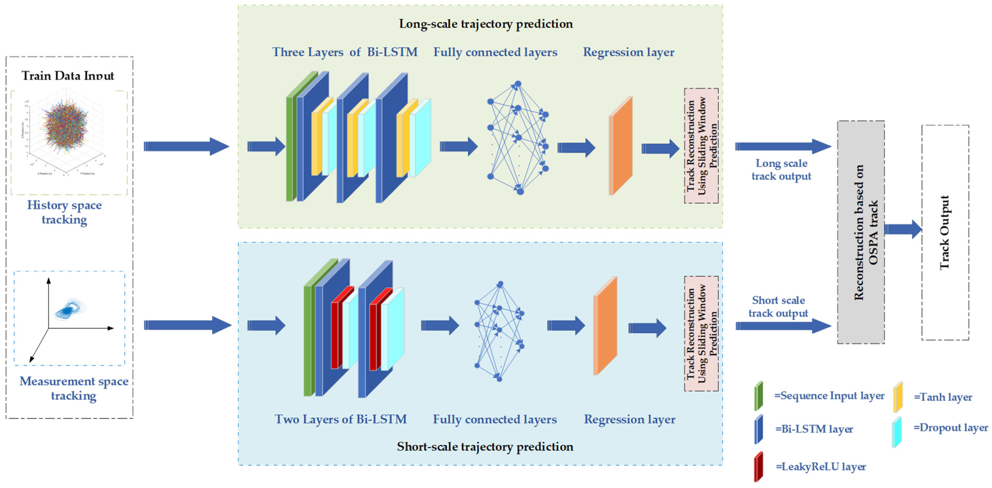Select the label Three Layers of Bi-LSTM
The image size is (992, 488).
tap(345, 52)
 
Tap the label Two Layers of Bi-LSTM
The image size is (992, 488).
tap(340, 419)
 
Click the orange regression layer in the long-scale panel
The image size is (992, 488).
tap(621, 146)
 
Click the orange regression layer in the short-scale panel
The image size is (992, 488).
tap(606, 326)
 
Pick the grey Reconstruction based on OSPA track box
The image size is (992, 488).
tap(861, 232)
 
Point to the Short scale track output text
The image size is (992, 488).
tap(778, 306)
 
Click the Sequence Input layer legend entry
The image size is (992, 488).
tap(829, 396)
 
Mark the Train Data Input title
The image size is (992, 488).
tap(68, 75)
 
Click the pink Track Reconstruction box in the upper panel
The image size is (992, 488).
tap(701, 145)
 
